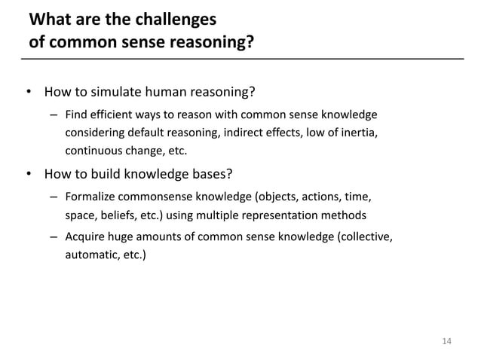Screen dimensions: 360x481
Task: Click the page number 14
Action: (446, 341)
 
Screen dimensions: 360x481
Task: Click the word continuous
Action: (96, 150)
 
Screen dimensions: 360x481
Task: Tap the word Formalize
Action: (92, 198)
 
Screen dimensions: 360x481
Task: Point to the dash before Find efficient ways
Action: (54, 115)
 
